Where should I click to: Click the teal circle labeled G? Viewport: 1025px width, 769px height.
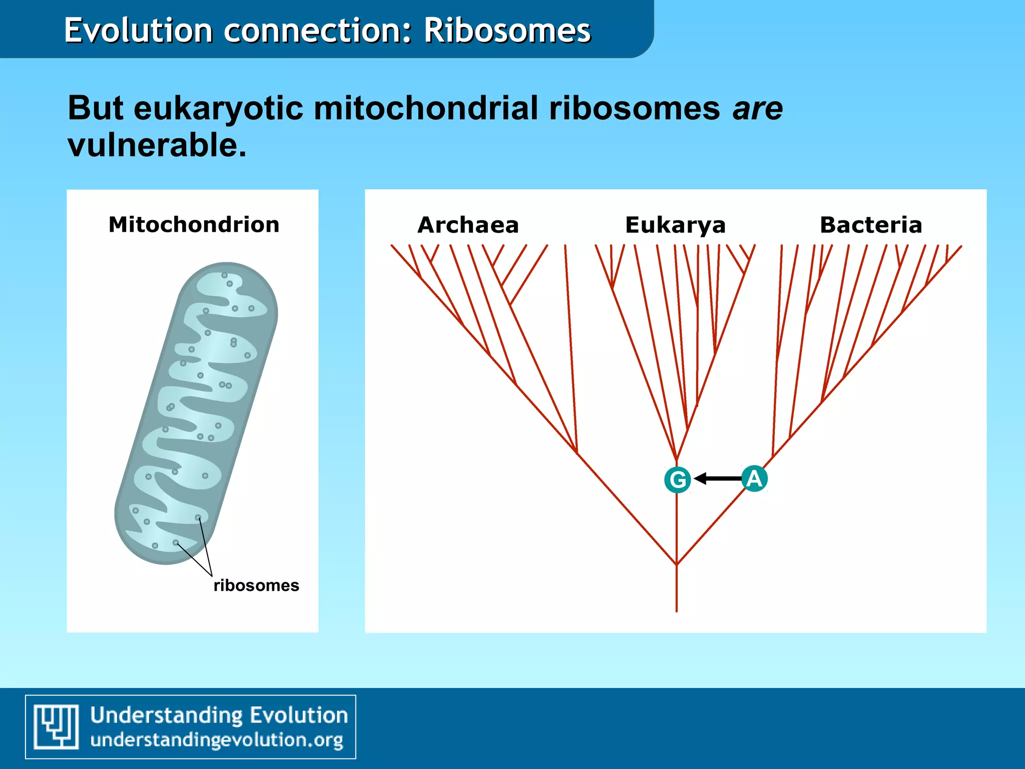(678, 480)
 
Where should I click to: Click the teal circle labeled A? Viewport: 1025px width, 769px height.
(754, 479)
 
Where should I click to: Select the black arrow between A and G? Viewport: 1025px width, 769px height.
(717, 479)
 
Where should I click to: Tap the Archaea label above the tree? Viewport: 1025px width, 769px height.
(468, 225)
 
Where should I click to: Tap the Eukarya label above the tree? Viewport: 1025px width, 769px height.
(675, 225)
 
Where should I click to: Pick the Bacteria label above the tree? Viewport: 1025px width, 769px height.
(871, 225)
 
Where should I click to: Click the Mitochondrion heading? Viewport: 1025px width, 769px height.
(194, 225)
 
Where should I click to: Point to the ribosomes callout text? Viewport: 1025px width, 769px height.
(256, 585)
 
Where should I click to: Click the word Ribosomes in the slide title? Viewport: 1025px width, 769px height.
(507, 31)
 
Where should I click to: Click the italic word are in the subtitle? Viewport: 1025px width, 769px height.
(757, 108)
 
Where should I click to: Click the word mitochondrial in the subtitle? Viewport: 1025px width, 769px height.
(425, 108)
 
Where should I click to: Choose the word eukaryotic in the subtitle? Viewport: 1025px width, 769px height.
(218, 108)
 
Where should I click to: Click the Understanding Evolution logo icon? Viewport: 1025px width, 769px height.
(56, 726)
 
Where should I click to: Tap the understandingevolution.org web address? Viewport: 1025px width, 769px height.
(217, 740)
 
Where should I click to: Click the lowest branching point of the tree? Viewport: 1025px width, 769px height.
(677, 564)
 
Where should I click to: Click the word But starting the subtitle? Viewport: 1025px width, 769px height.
(95, 108)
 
